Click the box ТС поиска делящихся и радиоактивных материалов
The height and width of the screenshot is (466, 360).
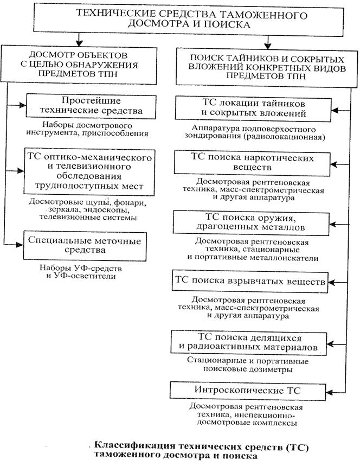point(251,340)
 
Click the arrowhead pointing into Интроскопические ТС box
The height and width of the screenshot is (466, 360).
point(333,391)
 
